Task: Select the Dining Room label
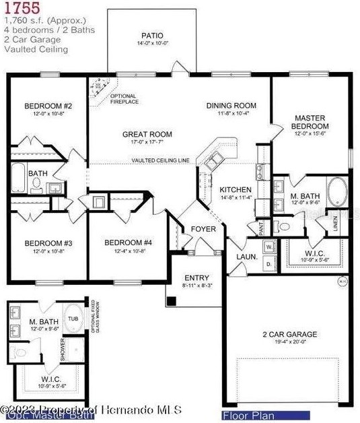point(231,105)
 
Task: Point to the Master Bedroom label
point(310,122)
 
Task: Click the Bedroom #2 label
point(48,106)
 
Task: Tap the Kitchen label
point(236,190)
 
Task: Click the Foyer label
point(203,229)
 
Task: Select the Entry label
point(196,278)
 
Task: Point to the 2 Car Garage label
point(289,335)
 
